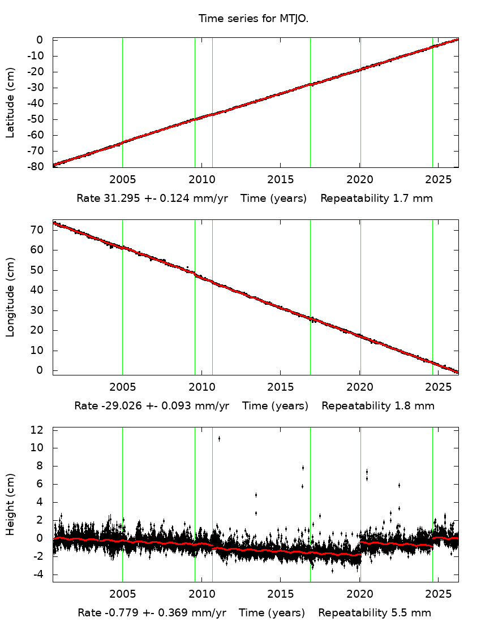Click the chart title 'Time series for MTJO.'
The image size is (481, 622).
[x=253, y=19]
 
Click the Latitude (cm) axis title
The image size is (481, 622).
[x=11, y=102]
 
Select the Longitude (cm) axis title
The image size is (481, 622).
[x=11, y=297]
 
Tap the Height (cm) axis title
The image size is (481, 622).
[x=11, y=505]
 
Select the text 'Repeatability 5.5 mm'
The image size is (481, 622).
[x=374, y=613]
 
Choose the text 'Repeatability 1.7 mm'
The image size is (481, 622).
[x=376, y=198]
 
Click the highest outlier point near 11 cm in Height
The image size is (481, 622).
[x=219, y=438]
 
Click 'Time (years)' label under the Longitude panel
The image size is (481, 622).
[x=275, y=406]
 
